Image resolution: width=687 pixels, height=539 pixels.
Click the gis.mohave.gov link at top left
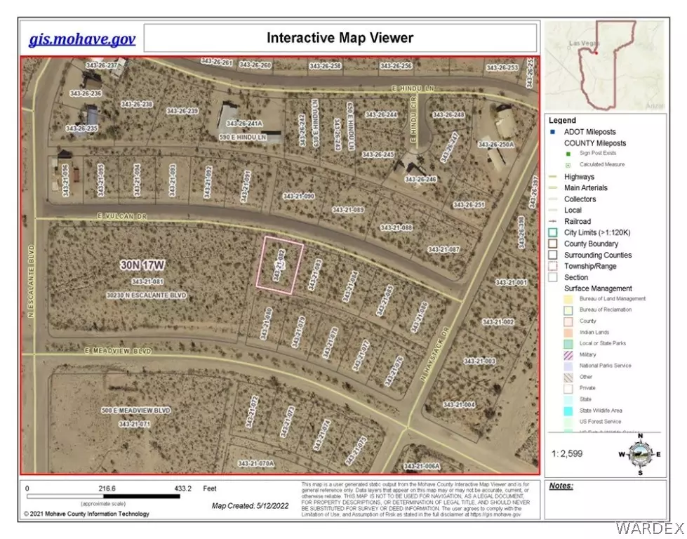(x=82, y=38)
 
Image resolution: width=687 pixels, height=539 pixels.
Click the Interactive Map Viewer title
(x=340, y=37)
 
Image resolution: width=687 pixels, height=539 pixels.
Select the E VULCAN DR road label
(x=98, y=218)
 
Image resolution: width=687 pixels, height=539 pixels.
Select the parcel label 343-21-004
(x=460, y=405)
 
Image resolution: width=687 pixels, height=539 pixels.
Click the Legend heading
(x=563, y=121)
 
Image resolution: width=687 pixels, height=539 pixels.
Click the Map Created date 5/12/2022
(x=250, y=505)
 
